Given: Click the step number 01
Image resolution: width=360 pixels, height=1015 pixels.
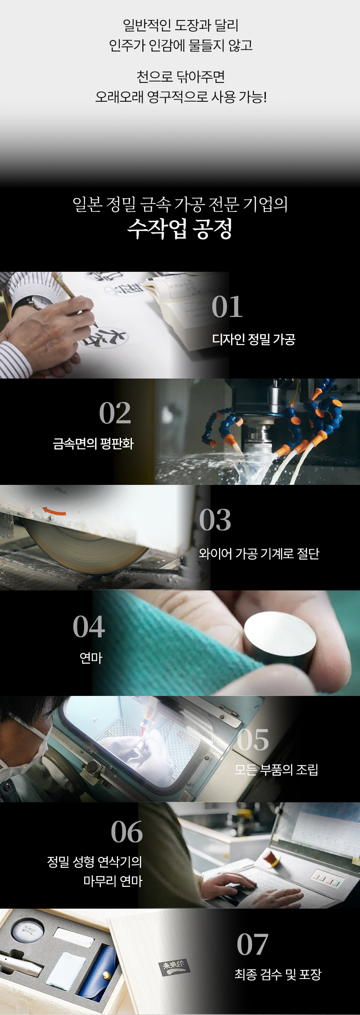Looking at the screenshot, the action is [x=227, y=307].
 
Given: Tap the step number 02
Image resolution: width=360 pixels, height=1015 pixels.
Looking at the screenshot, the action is [x=115, y=413].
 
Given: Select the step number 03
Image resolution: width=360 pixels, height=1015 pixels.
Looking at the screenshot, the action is [x=215, y=520].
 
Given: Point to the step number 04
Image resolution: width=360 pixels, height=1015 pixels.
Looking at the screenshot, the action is [x=89, y=626].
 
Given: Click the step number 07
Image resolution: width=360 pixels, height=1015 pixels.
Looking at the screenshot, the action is [x=252, y=944].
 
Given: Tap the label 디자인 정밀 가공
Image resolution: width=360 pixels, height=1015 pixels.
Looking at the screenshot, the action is [x=254, y=339].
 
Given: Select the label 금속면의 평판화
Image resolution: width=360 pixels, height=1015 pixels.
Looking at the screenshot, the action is [x=93, y=443].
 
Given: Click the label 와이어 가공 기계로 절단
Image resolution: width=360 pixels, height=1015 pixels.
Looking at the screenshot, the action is [x=259, y=554].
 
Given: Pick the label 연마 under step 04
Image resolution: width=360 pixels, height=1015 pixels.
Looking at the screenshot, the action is [x=91, y=658].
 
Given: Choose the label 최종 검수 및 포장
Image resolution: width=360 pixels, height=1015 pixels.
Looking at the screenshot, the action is [x=278, y=974].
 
